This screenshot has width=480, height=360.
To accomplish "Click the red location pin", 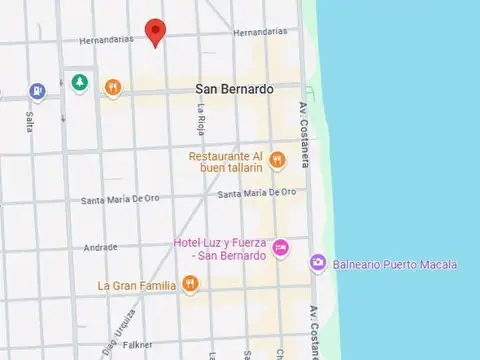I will coord(154,30).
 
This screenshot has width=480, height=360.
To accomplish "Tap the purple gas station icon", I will coord(37,91).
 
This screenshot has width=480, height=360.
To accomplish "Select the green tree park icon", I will coord(80,83).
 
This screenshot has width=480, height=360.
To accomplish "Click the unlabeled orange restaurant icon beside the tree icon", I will coord(114,88).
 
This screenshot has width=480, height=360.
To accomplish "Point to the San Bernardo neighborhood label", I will coord(234,89).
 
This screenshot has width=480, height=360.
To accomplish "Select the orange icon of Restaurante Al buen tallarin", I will coord(277,160).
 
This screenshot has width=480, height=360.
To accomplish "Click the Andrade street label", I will coord(100,247).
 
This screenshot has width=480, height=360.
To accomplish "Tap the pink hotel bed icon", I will coord(282,247).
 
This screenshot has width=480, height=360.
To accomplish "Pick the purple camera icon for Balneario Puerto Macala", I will coord(317,263).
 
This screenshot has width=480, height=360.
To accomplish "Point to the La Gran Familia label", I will coord(137,286).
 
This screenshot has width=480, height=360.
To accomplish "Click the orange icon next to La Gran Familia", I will coord(190,286).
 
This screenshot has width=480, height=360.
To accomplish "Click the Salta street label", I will coord(29,121).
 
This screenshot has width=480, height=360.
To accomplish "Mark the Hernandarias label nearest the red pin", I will coord(105,41).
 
